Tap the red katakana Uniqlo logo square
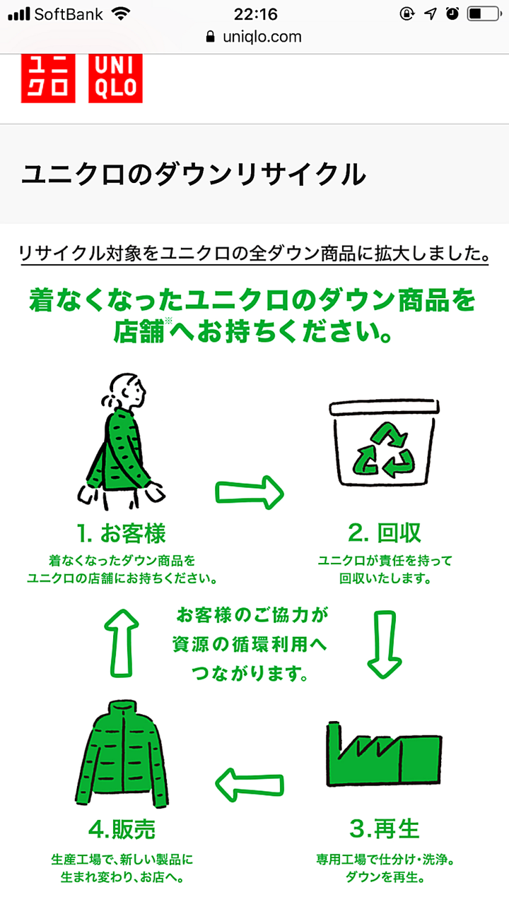[x=47, y=78]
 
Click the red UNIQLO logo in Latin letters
[x=115, y=78]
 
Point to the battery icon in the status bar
[x=484, y=13]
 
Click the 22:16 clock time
[x=255, y=13]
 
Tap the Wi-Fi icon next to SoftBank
[x=122, y=13]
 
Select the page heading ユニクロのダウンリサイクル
[x=194, y=174]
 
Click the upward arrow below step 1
[x=122, y=641]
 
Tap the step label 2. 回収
[x=385, y=533]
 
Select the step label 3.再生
[x=385, y=828]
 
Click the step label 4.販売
[x=122, y=828]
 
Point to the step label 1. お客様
[x=122, y=533]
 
